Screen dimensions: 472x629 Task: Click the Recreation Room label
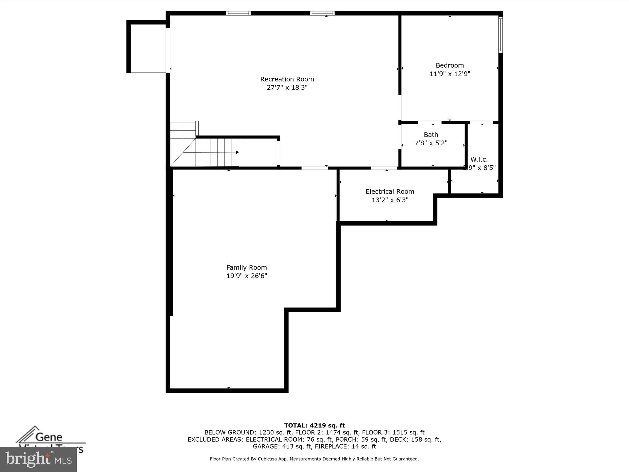pyautogui.click(x=287, y=79)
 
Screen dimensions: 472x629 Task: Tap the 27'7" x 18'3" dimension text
pyautogui.click(x=287, y=88)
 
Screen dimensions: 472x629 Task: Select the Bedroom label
pyautogui.click(x=450, y=65)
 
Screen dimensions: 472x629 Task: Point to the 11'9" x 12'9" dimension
pyautogui.click(x=450, y=74)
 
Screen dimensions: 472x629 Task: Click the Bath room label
pyautogui.click(x=431, y=135)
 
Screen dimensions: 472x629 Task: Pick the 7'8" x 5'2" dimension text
pyautogui.click(x=431, y=143)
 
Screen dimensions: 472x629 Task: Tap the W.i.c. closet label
pyautogui.click(x=479, y=159)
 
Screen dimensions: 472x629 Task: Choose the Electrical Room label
pyautogui.click(x=390, y=191)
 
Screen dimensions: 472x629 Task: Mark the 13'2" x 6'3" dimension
pyautogui.click(x=390, y=200)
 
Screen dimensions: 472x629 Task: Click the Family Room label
pyautogui.click(x=247, y=267)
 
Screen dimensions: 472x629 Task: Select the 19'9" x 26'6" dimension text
pyautogui.click(x=247, y=276)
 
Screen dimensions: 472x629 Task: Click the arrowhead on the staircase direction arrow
pyautogui.click(x=237, y=152)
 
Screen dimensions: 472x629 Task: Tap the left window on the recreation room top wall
pyautogui.click(x=239, y=13)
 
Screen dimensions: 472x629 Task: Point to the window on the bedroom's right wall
pyautogui.click(x=500, y=34)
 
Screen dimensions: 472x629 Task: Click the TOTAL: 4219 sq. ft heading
pyautogui.click(x=314, y=426)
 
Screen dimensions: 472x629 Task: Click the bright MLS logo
pyautogui.click(x=38, y=459)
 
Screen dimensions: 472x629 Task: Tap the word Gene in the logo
pyautogui.click(x=49, y=437)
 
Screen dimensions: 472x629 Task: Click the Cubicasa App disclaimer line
pyautogui.click(x=314, y=459)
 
